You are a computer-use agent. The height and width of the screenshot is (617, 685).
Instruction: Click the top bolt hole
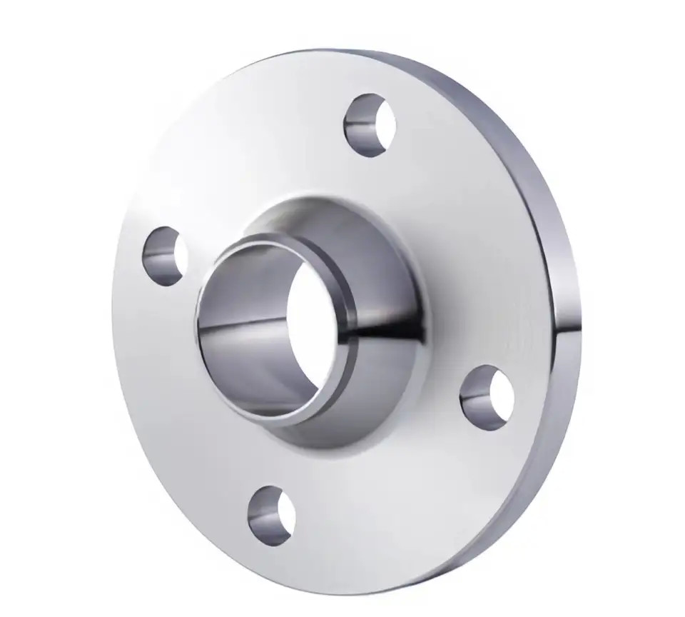click(370, 125)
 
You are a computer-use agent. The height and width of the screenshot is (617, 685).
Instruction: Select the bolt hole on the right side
click(487, 397)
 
